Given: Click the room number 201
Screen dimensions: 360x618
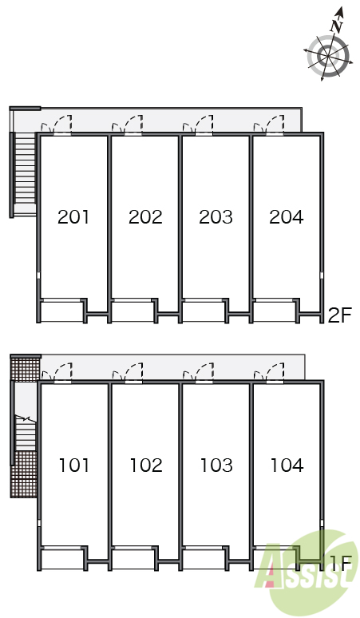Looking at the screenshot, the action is coord(73,217).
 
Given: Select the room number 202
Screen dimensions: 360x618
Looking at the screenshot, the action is coord(145,217).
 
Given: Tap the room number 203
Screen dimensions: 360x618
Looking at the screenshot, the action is coord(216,217).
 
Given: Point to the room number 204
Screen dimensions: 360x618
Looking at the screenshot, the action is coord(287,217).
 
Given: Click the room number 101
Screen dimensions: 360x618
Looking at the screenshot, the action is coord(74,465).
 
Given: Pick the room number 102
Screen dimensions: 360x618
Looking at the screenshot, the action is coord(146,465).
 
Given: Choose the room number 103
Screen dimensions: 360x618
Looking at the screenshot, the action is coord(216,465).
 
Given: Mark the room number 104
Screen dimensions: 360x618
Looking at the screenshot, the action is coord(287,465).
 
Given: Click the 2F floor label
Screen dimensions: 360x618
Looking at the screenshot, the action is coord(339,315).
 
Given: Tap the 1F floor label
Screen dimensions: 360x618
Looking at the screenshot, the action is coord(340,564).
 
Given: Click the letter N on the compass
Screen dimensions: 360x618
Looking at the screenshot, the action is coord(337,26).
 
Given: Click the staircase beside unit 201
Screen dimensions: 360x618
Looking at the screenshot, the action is coord(25,169).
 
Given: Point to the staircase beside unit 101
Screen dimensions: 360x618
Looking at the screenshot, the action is coord(26,433).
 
